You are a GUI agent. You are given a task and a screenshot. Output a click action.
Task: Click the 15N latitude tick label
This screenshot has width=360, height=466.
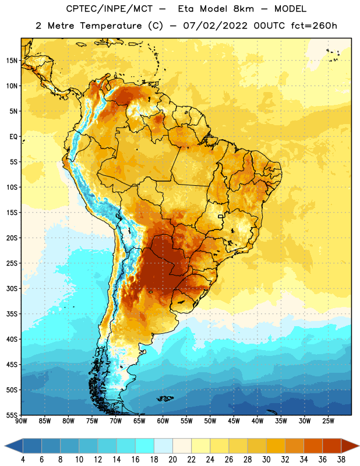[x=12, y=61]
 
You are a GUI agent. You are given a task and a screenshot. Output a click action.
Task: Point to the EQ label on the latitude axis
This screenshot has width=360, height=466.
[x=13, y=137]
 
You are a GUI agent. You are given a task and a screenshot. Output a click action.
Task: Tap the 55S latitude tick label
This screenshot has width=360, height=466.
[x=12, y=415]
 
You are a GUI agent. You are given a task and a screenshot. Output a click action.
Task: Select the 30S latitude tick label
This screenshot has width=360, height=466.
[x=12, y=288]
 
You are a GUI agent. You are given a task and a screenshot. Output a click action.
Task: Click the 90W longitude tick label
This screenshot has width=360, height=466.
[x=22, y=421]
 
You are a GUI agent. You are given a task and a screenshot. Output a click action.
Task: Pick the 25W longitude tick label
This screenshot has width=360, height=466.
[x=328, y=421]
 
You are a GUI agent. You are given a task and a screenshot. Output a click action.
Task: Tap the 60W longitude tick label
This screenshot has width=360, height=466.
[x=163, y=421]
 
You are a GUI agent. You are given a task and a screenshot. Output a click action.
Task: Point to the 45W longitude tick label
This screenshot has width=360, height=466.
[x=234, y=421]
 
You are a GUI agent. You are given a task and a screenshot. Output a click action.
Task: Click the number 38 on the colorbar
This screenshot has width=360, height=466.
[x=341, y=460]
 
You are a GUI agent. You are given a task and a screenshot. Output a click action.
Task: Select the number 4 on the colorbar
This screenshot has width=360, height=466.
[x=23, y=460]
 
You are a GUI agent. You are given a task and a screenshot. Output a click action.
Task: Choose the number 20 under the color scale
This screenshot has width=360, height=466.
[x=172, y=460]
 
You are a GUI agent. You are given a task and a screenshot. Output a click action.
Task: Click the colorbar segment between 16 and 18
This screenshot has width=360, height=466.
[x=144, y=446]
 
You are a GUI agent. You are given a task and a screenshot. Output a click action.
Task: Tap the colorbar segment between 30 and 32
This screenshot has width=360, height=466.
[x=276, y=446]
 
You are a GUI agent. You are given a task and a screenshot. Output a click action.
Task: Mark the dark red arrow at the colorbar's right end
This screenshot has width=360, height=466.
[x=350, y=446]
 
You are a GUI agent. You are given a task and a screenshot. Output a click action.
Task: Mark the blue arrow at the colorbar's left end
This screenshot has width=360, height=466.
[x=14, y=446]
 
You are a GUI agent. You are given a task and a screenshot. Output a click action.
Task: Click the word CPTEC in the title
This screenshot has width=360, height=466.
[x=79, y=9]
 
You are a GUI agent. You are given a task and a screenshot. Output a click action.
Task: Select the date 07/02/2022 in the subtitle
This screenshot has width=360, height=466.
[x=215, y=26]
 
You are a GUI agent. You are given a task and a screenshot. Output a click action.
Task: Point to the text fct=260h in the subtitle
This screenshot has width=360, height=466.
[x=314, y=26]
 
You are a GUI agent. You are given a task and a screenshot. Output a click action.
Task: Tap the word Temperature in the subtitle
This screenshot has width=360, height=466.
[x=111, y=26]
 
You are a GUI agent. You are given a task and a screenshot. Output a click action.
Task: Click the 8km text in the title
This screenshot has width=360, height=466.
[x=243, y=9]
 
